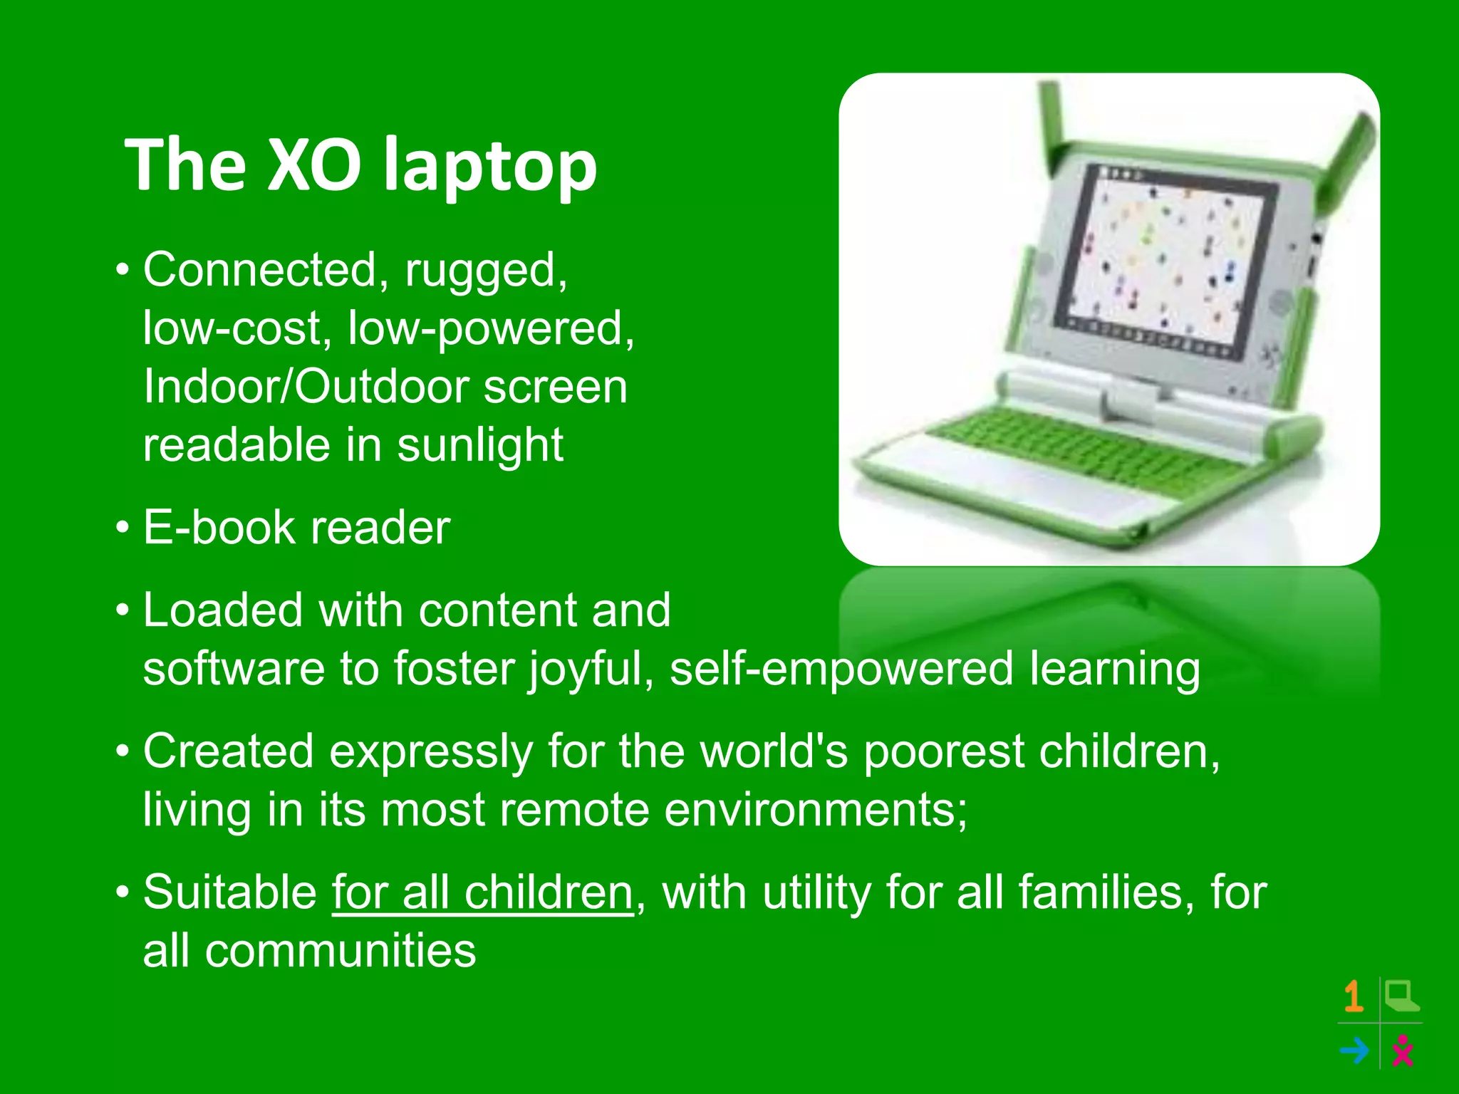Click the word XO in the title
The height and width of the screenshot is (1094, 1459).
(313, 165)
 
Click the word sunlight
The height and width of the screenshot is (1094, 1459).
(480, 446)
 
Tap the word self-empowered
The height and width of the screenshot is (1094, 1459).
(841, 670)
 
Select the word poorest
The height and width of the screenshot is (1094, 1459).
(943, 752)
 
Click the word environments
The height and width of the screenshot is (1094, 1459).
(816, 811)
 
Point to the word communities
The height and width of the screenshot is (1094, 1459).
(340, 952)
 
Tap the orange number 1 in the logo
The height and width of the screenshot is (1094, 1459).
(1354, 996)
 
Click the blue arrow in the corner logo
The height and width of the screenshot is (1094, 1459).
(1354, 1050)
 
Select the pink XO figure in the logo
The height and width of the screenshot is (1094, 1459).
(1403, 1051)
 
